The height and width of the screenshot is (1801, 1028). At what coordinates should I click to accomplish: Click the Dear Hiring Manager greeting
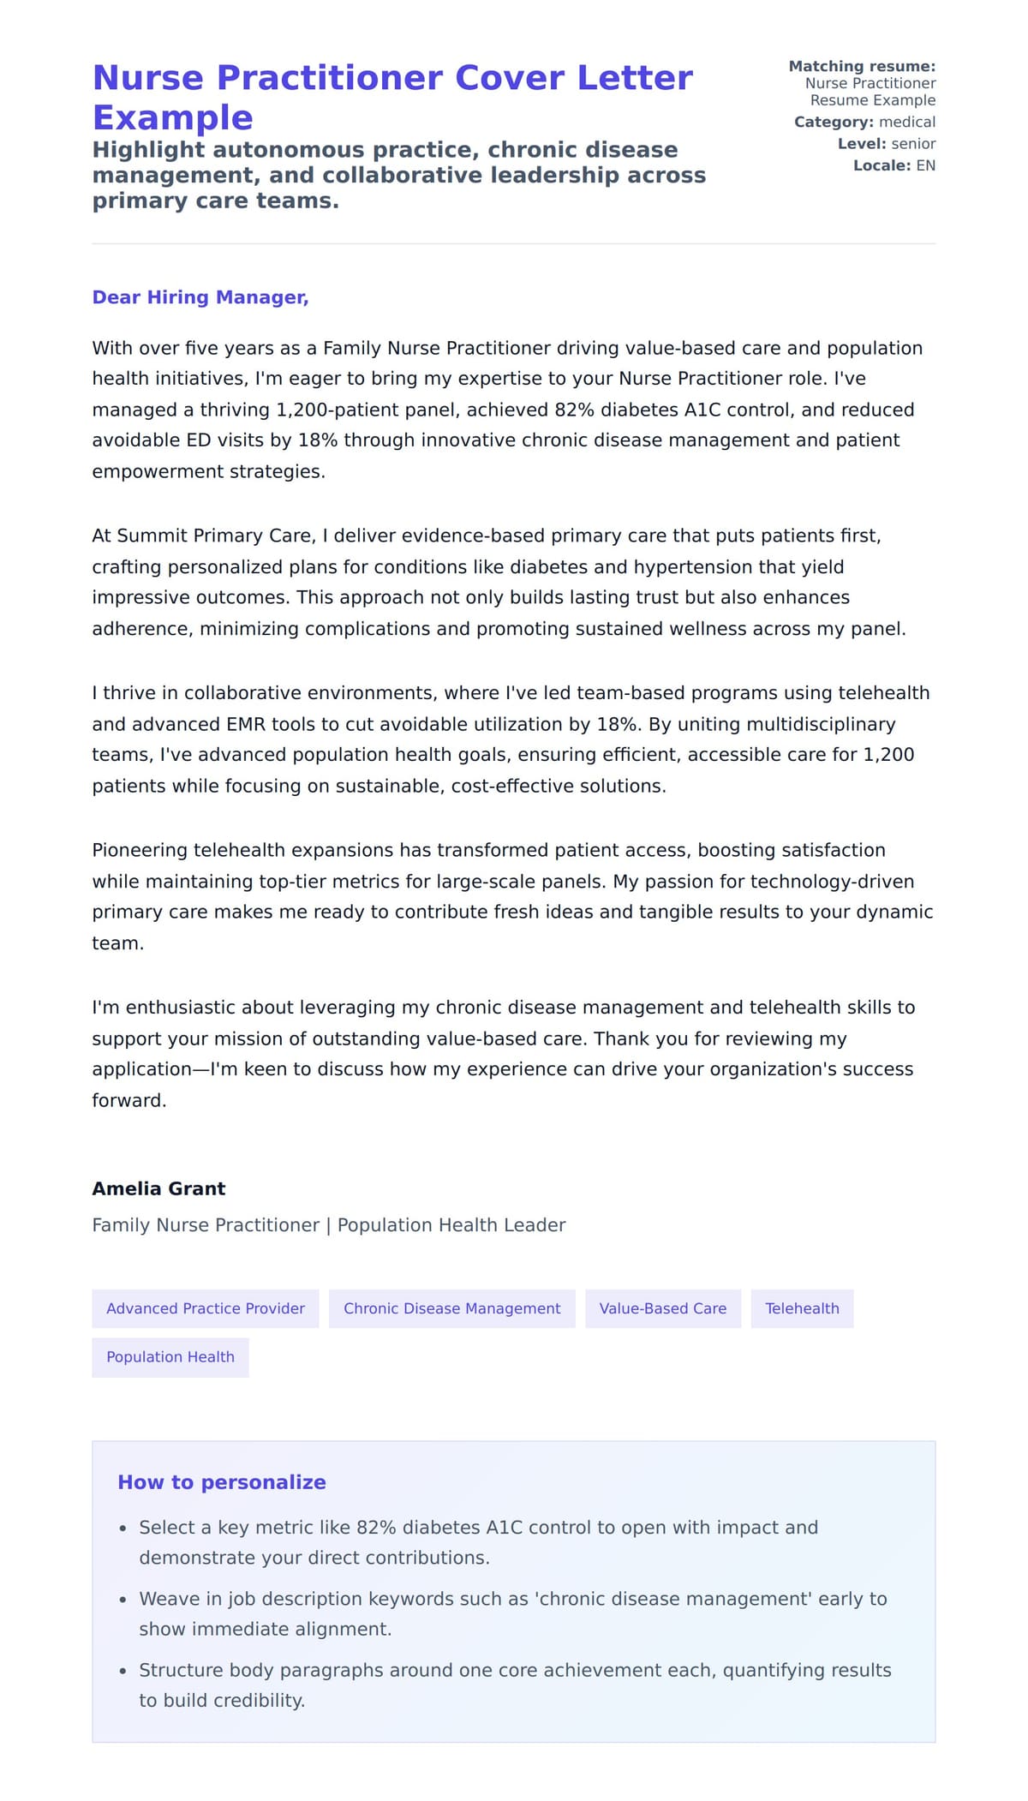[x=200, y=297]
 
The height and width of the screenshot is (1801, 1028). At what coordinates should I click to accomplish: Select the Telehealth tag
[x=802, y=1308]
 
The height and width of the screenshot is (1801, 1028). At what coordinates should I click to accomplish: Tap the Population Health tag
[x=170, y=1357]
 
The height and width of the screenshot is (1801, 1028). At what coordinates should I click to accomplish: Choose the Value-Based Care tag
[x=662, y=1308]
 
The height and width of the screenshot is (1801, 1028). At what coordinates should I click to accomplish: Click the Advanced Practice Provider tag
[x=205, y=1308]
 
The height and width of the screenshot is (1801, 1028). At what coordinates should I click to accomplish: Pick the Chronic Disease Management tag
[x=451, y=1308]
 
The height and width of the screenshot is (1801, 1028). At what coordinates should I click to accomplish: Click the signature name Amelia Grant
[x=158, y=1188]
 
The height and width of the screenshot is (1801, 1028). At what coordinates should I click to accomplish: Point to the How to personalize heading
[x=221, y=1482]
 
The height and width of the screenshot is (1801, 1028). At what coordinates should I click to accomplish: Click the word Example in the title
[x=172, y=117]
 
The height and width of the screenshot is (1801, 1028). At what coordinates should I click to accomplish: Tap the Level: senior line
[x=886, y=144]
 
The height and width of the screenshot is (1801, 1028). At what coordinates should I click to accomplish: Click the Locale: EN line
[x=894, y=165]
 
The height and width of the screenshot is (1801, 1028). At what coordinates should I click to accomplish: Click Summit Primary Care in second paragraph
[x=213, y=536]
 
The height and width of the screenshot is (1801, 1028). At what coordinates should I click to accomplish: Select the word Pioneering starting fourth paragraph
[x=140, y=850]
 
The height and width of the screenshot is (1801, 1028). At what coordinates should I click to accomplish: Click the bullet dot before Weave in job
[x=123, y=1600]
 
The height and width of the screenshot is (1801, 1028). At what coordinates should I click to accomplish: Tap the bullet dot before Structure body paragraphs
[x=123, y=1671]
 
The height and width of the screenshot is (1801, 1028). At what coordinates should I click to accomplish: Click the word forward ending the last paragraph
[x=128, y=1100]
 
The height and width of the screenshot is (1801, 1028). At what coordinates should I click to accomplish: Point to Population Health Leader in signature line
[x=451, y=1225]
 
